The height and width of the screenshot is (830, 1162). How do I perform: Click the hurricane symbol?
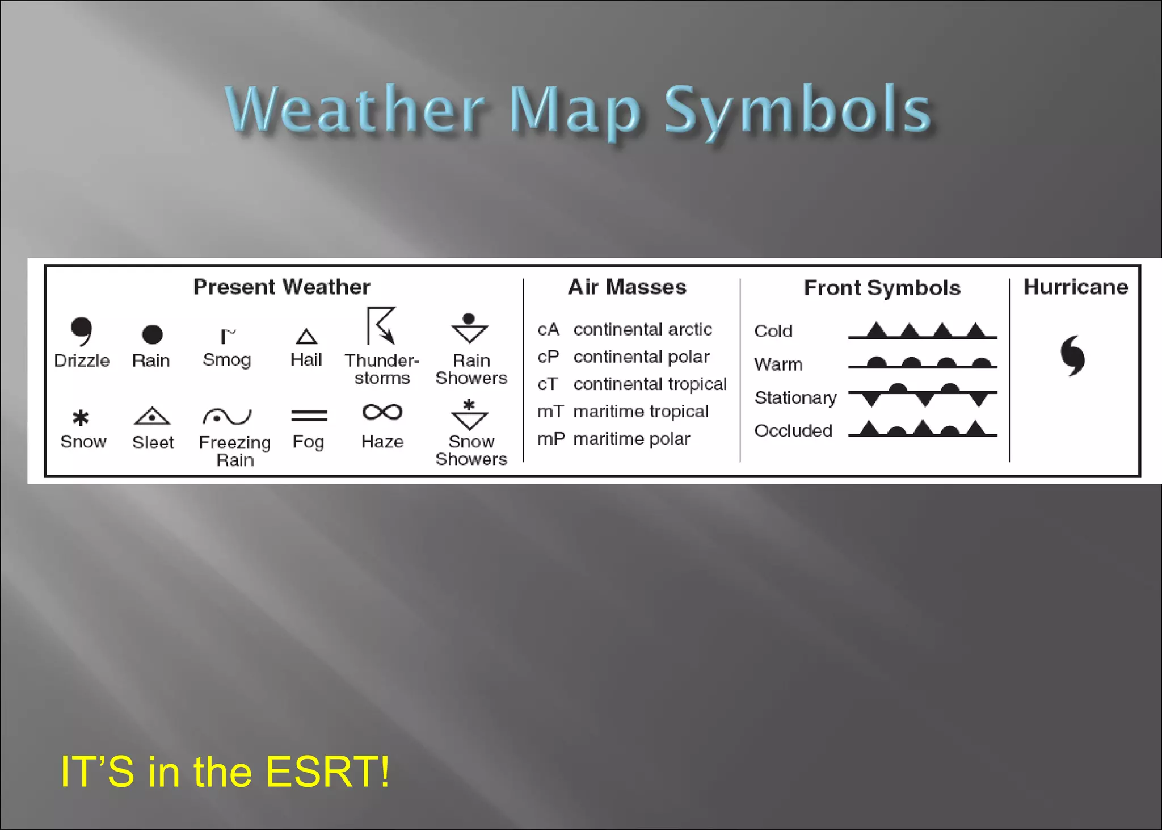1072,355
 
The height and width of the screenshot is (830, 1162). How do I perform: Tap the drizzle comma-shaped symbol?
82,330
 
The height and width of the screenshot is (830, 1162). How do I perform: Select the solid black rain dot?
152,334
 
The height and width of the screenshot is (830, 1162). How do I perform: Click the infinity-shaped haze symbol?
382,412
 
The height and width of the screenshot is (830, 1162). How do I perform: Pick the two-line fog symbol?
309,416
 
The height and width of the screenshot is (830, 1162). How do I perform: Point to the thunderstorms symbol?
381,326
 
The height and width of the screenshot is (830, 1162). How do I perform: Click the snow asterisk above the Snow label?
81,418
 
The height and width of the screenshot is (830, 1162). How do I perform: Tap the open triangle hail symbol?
306,337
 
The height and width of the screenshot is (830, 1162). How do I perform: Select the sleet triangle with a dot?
152,416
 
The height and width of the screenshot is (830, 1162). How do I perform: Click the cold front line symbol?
923,332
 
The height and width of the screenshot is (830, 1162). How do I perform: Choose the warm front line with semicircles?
923,363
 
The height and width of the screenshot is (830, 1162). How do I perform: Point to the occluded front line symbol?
923,429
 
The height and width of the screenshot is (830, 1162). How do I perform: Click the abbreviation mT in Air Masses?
550,412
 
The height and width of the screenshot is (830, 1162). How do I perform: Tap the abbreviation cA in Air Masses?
548,330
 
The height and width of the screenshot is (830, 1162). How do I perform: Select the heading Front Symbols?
882,288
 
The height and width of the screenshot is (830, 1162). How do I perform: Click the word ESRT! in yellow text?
327,772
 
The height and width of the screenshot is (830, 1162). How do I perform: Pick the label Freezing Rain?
235,451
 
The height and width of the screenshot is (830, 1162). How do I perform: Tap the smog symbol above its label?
228,336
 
